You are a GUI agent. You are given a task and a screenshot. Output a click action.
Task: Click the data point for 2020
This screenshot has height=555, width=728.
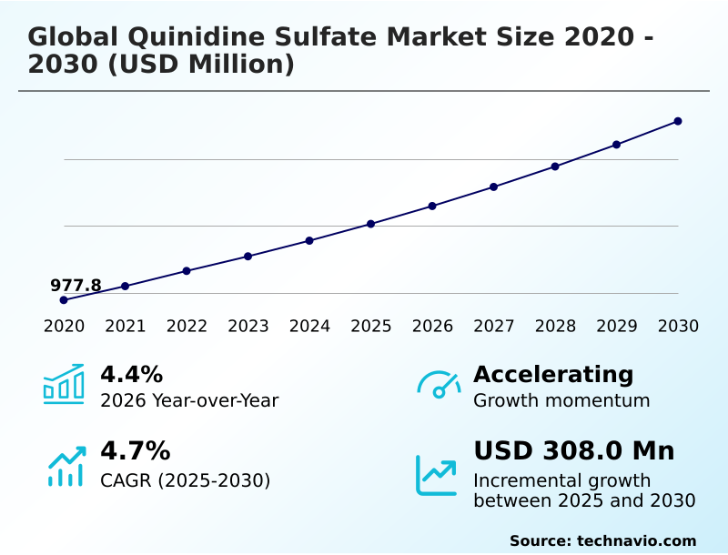point(64,299)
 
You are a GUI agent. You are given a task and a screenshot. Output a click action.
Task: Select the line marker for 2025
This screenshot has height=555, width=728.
point(370,224)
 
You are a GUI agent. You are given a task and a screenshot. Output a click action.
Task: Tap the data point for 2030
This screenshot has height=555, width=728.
point(678,121)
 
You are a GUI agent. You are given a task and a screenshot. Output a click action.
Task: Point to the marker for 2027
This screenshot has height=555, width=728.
point(493,187)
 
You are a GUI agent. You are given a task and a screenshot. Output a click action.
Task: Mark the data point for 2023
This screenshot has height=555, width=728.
point(248,256)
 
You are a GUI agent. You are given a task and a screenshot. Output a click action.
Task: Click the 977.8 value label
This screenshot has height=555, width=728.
point(76,286)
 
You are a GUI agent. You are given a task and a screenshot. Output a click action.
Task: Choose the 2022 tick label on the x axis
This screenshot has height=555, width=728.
point(187,326)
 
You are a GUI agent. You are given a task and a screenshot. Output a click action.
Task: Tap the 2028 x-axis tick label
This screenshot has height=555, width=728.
point(555,326)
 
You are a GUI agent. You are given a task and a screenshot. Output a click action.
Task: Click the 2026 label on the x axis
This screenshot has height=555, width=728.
point(432,326)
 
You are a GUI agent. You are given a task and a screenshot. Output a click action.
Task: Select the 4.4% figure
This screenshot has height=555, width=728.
point(131,374)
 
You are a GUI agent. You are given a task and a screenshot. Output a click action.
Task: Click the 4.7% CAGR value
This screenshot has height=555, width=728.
point(135,450)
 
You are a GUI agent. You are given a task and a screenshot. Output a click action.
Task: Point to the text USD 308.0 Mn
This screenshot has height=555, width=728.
point(573,450)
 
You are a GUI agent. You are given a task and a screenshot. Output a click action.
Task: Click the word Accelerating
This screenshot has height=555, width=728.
point(553,374)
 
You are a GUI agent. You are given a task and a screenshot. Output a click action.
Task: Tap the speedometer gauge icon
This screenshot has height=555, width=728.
point(439,384)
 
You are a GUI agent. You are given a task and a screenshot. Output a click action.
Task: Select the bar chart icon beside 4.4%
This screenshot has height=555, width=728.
point(64,384)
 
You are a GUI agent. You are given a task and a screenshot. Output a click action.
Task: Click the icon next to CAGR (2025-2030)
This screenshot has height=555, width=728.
point(66,465)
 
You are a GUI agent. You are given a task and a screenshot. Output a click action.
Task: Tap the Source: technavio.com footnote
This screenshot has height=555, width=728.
point(602,540)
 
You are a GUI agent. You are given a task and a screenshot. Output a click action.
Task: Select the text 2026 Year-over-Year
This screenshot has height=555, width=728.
point(189,400)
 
